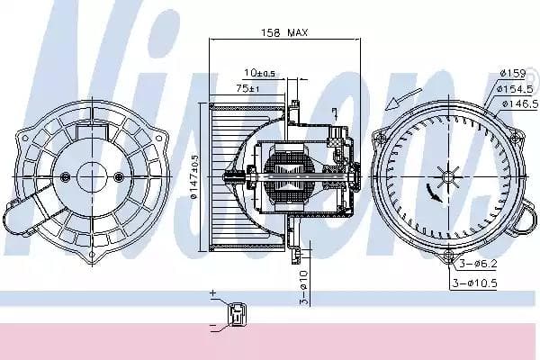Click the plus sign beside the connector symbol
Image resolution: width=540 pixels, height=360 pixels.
coord(213,294)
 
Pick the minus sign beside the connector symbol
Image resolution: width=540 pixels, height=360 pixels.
coord(213,326)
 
